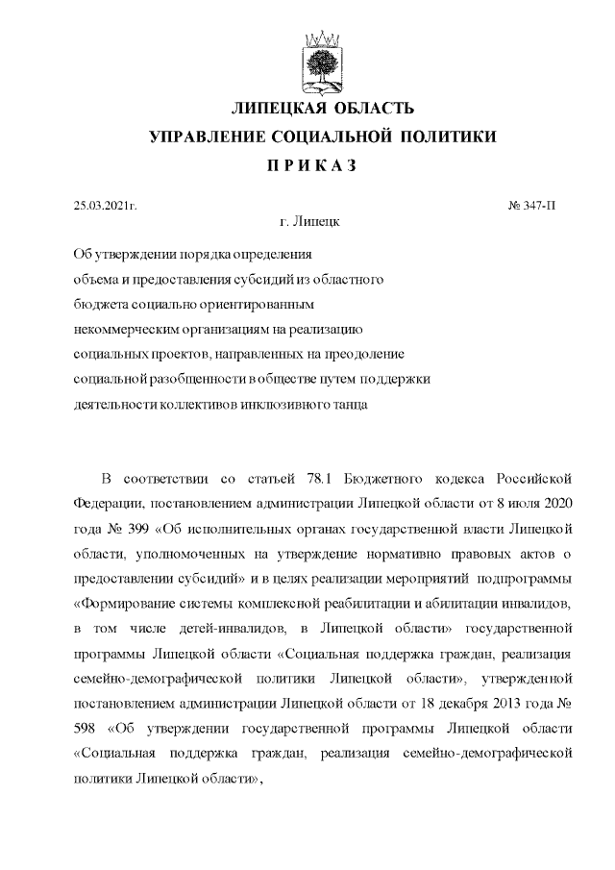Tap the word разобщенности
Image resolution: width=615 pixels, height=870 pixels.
(x=195, y=380)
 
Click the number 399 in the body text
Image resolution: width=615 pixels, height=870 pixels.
(x=128, y=529)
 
